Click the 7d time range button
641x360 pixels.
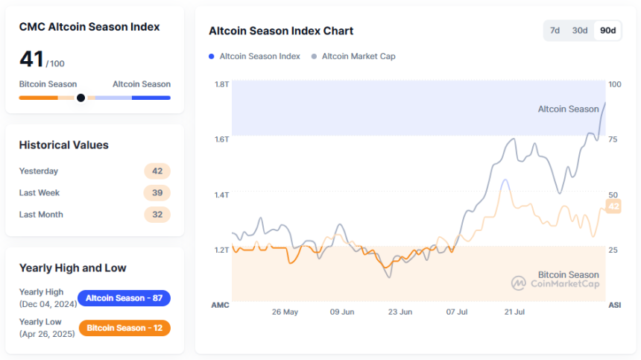pyautogui.click(x=555, y=31)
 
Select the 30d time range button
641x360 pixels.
pyautogui.click(x=580, y=31)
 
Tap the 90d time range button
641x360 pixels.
pyautogui.click(x=608, y=31)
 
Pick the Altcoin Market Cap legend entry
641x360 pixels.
pyautogui.click(x=358, y=56)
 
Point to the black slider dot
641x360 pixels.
pyautogui.click(x=80, y=98)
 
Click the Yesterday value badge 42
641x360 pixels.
pyautogui.click(x=157, y=171)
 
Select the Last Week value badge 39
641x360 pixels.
pyautogui.click(x=157, y=192)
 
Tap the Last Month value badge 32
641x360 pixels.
pyautogui.click(x=157, y=214)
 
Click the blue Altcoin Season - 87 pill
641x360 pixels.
pyautogui.click(x=124, y=298)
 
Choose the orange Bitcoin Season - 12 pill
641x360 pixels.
pyautogui.click(x=124, y=328)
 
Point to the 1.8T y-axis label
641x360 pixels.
pyautogui.click(x=221, y=84)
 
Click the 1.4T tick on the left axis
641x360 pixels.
pyautogui.click(x=221, y=195)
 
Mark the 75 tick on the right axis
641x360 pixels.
pyautogui.click(x=613, y=139)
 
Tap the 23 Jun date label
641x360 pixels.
pyautogui.click(x=400, y=312)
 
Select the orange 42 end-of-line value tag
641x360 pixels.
pyautogui.click(x=613, y=206)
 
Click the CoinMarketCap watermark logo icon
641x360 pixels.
pyautogui.click(x=519, y=283)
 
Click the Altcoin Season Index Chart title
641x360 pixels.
pyautogui.click(x=281, y=31)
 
